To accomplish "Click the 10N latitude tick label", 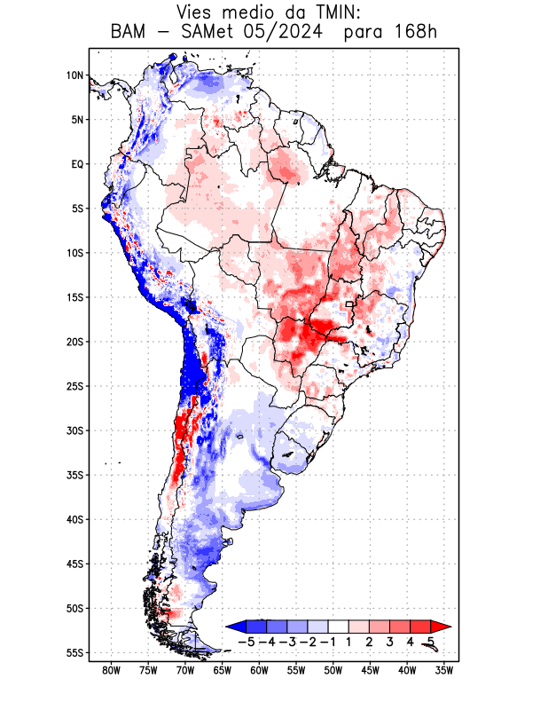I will pyautogui.click(x=74, y=75).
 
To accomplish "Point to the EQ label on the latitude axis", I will pyautogui.click(x=76, y=164).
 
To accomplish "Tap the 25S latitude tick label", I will pyautogui.click(x=74, y=386).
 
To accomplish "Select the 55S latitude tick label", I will pyautogui.click(x=74, y=653).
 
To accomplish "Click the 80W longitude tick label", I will pyautogui.click(x=111, y=670).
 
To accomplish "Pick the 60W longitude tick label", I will pyautogui.click(x=259, y=670).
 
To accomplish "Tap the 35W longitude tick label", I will pyautogui.click(x=444, y=670).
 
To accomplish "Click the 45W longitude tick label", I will pyautogui.click(x=370, y=670).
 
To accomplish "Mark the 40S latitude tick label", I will pyautogui.click(x=74, y=520).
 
